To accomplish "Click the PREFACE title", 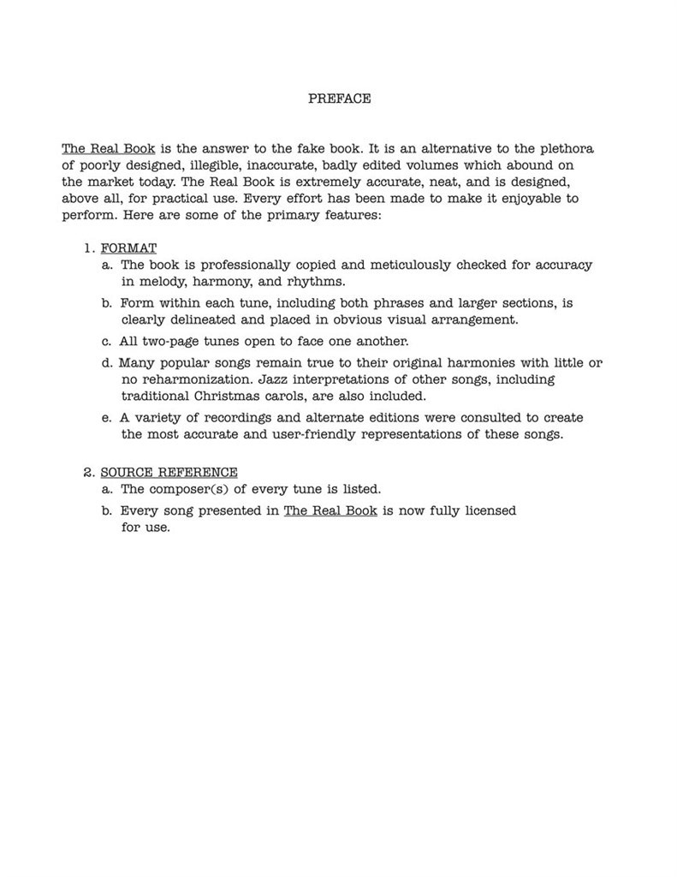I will click(x=339, y=98).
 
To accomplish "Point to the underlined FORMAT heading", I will click(x=128, y=248).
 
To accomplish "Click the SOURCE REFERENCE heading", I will click(x=169, y=473).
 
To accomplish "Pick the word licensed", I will click(x=488, y=510).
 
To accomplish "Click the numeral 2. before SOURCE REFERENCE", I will click(x=89, y=473).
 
